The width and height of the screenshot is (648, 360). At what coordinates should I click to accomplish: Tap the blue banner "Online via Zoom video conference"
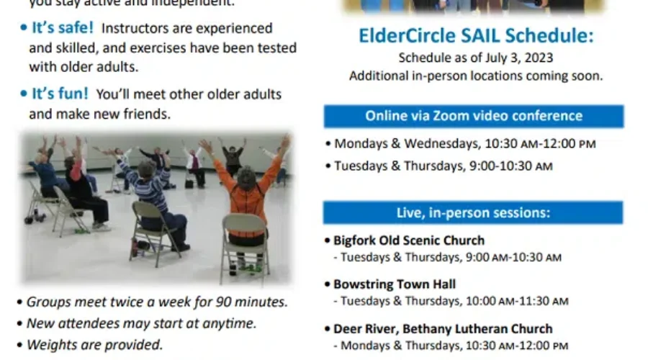473,116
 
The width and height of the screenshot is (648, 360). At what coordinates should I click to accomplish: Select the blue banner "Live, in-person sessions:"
473,212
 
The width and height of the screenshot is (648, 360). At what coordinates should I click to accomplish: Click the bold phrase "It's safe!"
62,29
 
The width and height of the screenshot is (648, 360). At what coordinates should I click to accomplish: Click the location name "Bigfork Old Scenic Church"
409,240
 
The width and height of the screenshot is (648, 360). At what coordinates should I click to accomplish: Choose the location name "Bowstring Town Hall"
395,284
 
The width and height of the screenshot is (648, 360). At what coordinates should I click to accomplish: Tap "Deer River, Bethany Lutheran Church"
443,329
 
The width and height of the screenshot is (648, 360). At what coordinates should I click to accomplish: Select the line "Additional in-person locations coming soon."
476,76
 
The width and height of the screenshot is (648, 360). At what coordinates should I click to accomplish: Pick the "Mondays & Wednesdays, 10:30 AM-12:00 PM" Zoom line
464,144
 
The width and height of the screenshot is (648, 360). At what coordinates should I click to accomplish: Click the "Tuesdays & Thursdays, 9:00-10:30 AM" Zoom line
443,166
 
